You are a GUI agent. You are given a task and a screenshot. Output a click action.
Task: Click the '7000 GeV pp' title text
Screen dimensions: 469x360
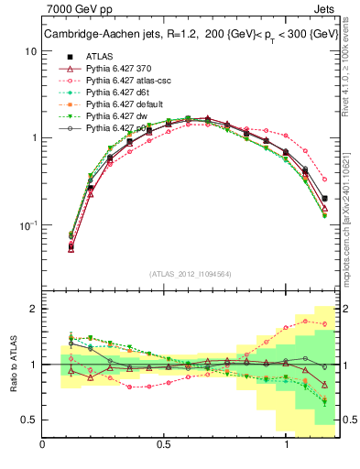pyautogui.click(x=75, y=11)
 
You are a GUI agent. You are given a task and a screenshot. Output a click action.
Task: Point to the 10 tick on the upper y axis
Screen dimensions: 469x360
pyautogui.click(x=29, y=51)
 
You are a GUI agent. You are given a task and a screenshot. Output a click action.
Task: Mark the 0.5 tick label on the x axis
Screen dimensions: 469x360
pyautogui.click(x=164, y=445)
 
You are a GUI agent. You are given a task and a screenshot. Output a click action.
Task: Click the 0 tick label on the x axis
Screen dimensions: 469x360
pyautogui.click(x=43, y=445)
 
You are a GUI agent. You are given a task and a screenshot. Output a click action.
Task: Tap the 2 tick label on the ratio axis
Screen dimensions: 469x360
pyautogui.click(x=33, y=309)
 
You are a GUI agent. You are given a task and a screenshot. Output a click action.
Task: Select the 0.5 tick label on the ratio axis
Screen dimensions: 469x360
pyautogui.click(x=29, y=420)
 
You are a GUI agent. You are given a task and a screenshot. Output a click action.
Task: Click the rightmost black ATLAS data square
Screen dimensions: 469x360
pyautogui.click(x=324, y=198)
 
